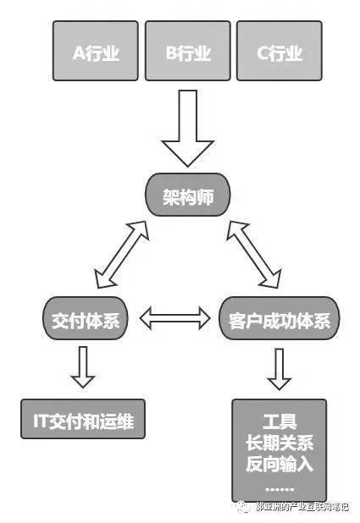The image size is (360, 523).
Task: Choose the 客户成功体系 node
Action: pyautogui.click(x=279, y=320)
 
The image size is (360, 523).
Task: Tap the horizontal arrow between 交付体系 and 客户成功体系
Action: pyautogui.click(x=174, y=320)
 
